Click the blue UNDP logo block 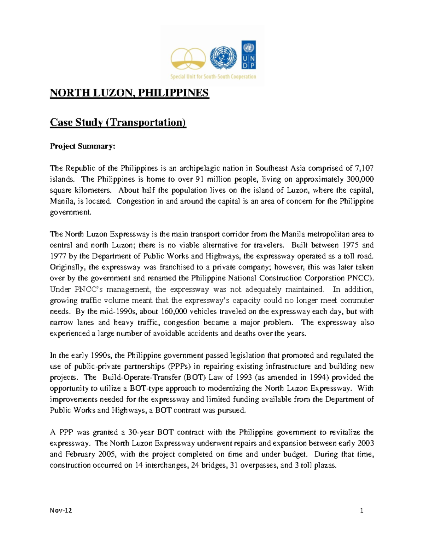(x=249, y=55)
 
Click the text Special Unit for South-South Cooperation (x=213, y=77)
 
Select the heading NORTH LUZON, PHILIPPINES (x=129, y=93)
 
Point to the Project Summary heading (x=83, y=146)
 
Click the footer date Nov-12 (x=61, y=510)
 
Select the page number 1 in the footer (x=361, y=510)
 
